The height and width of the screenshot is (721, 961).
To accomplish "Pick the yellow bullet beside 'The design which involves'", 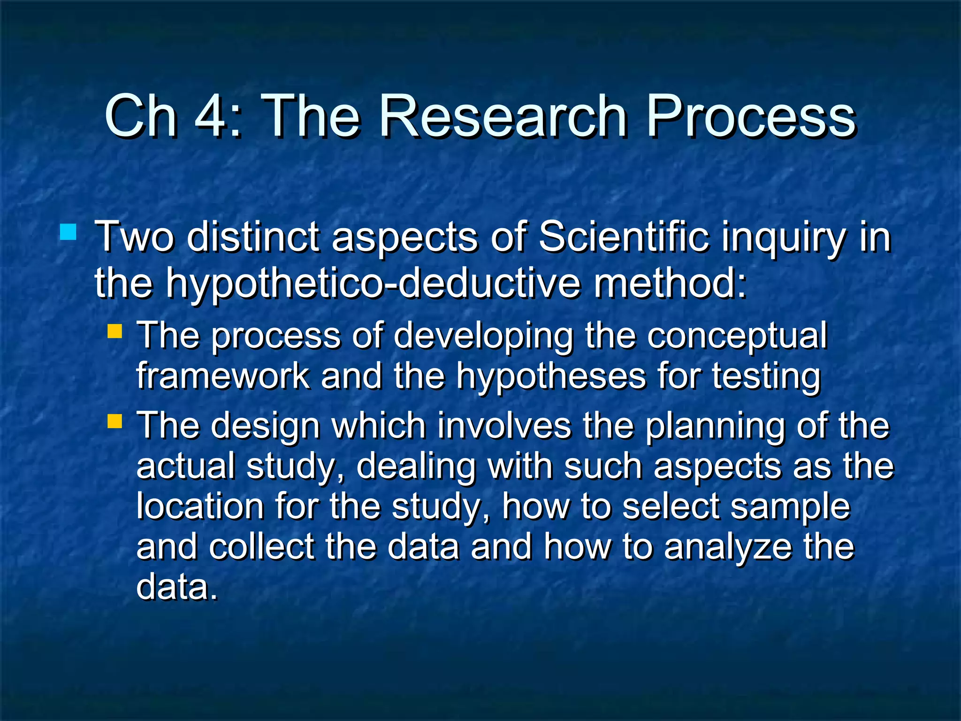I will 114,421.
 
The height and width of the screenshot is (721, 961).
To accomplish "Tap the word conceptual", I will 737,336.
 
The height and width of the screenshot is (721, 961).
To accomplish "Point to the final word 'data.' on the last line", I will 177,587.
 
